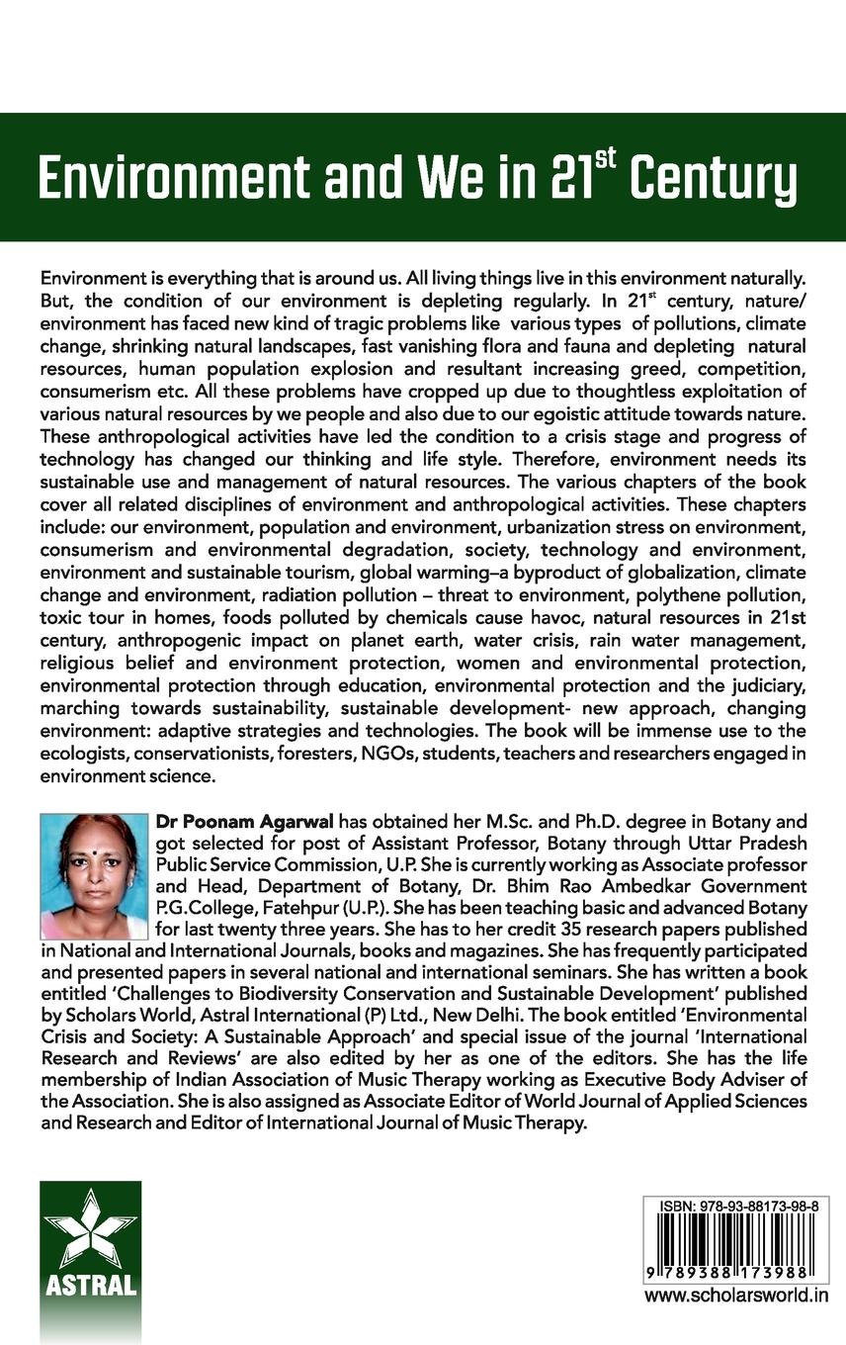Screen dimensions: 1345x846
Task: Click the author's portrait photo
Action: point(95,876)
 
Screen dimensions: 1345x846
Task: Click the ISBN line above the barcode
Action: point(736,1208)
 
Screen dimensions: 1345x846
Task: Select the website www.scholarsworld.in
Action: point(736,1296)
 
